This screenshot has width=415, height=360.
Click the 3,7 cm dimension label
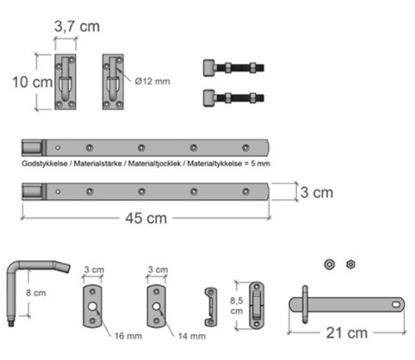click(x=77, y=27)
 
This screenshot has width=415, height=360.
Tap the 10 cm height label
click(x=33, y=82)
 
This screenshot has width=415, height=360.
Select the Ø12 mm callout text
click(x=152, y=82)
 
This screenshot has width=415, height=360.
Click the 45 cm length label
click(x=146, y=218)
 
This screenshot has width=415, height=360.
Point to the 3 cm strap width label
click(x=317, y=192)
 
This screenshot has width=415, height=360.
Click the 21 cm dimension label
click(x=347, y=333)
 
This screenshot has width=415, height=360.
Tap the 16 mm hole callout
click(x=128, y=336)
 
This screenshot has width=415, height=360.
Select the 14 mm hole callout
click(x=192, y=336)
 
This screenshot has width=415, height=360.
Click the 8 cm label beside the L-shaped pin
click(x=36, y=293)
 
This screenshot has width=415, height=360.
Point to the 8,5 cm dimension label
click(x=237, y=306)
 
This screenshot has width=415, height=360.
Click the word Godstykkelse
click(x=45, y=164)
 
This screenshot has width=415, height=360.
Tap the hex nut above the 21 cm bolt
click(x=350, y=264)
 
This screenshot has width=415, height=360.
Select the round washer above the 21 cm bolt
click(x=329, y=264)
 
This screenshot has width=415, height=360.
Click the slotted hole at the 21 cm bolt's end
click(x=396, y=304)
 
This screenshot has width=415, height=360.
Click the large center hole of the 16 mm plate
click(x=92, y=307)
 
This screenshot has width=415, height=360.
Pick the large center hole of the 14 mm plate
click(x=156, y=307)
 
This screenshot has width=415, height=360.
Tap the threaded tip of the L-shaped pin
click(x=11, y=324)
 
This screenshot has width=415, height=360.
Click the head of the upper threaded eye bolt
click(x=209, y=68)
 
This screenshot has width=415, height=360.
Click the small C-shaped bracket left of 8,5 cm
click(x=210, y=307)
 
